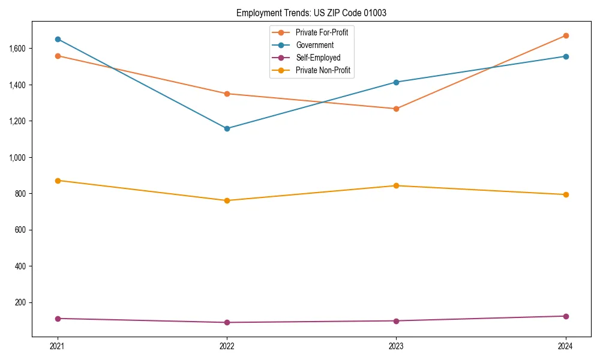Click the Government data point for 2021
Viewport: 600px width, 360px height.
[58, 39]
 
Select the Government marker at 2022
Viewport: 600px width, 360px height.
[227, 128]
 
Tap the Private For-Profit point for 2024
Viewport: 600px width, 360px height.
[566, 35]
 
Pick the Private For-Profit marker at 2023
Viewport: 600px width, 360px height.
[396, 109]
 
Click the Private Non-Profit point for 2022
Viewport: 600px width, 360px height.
[227, 200]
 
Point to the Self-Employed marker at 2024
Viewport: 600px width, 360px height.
[566, 316]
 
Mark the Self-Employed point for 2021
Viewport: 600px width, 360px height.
[58, 319]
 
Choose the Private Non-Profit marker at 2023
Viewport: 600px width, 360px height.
[396, 185]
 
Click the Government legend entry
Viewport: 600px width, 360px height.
[314, 45]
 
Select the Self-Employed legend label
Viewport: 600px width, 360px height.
[318, 58]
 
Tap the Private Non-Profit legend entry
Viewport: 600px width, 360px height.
[323, 71]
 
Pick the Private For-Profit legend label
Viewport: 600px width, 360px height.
[322, 32]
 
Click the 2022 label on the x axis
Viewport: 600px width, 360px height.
[227, 346]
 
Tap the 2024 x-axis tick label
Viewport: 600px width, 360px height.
[566, 346]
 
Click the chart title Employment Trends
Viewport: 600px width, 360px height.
[316, 13]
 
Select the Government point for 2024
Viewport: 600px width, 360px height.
[566, 56]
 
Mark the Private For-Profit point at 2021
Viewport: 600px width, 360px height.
[58, 56]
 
